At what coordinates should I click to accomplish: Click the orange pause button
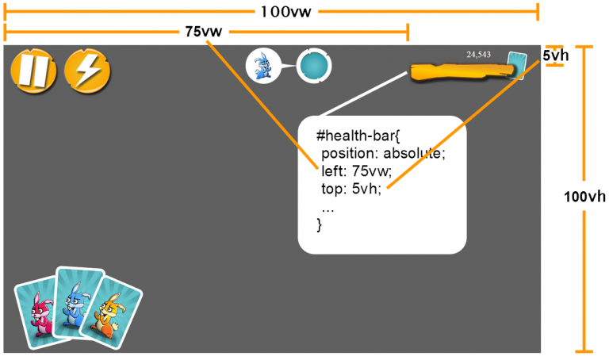[33, 71]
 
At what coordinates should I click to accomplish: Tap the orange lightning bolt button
[87, 71]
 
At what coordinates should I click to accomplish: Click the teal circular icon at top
[314, 65]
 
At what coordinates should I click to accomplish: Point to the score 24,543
[479, 55]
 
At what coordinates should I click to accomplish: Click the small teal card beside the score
[517, 63]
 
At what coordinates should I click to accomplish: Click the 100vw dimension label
[282, 11]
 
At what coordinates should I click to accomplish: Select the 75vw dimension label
[203, 32]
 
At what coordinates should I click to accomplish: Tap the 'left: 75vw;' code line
[357, 171]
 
